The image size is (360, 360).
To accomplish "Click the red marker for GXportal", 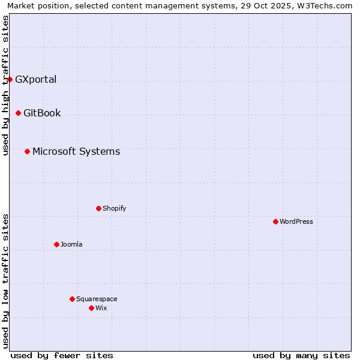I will tap(10, 79).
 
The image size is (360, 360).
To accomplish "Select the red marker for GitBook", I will tap(18, 113).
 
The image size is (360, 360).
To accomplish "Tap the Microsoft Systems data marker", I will tap(27, 151).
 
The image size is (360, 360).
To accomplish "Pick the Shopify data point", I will tap(98, 208).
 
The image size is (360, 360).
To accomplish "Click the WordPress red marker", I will tap(275, 221).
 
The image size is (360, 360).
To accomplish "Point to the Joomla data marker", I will tap(56, 244).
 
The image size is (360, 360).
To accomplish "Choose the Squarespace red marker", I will tap(72, 299).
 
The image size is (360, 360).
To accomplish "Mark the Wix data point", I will tap(91, 308).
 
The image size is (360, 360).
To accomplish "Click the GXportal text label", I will tap(35, 79).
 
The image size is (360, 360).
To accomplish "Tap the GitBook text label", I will tap(42, 113).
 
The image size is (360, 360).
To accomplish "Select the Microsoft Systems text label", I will tap(76, 151).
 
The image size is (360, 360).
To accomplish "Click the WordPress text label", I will tap(296, 221).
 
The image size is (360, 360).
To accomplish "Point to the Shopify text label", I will tap(115, 208).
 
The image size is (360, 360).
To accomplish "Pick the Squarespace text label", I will tap(97, 299).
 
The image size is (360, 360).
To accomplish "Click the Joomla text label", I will tap(71, 244).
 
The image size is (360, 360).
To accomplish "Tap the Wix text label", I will tap(101, 308).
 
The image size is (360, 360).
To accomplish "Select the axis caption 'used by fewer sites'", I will tap(62, 355).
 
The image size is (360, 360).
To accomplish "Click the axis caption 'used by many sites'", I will tap(301, 355).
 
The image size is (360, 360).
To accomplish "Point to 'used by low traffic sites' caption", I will tap(5, 281).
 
